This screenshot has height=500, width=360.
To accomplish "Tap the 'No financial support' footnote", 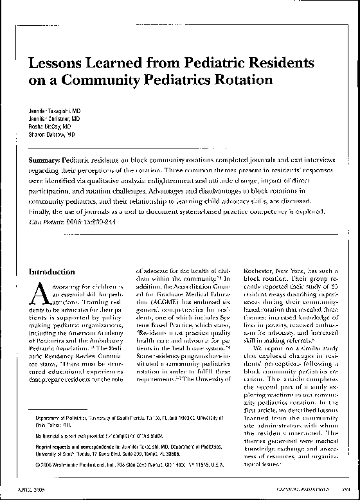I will [x=105, y=436].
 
